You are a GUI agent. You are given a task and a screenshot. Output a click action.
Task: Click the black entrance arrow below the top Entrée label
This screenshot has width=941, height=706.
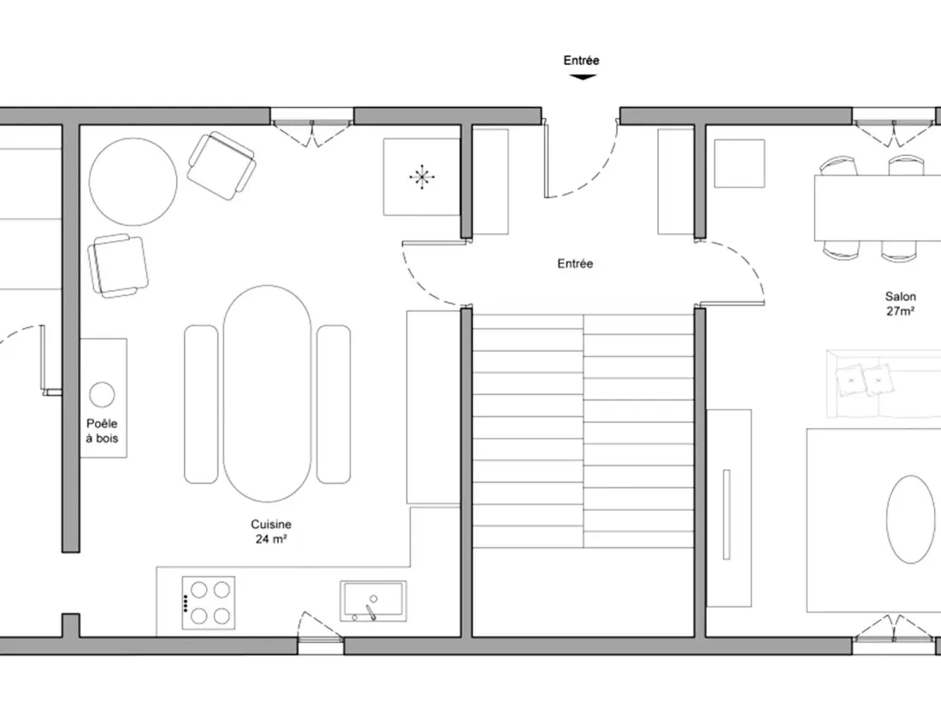coord(582,77)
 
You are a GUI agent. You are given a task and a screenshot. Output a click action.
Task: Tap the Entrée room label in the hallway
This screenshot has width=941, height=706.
coord(575,264)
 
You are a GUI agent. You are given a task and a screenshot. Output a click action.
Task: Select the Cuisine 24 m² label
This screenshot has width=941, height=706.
coord(271,531)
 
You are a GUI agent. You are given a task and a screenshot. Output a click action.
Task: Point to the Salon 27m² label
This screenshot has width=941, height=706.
coord(900,303)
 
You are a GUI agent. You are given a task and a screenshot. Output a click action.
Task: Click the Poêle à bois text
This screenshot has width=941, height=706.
coord(102,431)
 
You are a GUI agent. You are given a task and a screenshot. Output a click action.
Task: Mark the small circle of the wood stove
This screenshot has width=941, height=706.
coord(102,395)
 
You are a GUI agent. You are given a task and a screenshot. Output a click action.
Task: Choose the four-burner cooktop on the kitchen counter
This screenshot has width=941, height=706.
coord(208,602)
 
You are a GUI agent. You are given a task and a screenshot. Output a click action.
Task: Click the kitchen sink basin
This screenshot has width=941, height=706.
coord(373,601)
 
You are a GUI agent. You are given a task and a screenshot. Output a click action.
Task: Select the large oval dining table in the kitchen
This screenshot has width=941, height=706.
coord(268,394)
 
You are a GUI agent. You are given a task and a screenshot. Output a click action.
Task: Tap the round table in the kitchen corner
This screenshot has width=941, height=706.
coord(133,181)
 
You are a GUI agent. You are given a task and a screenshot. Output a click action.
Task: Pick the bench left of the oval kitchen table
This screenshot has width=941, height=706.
coord(201,404)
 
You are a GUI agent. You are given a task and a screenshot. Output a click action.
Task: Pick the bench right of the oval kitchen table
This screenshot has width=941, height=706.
coord(334,404)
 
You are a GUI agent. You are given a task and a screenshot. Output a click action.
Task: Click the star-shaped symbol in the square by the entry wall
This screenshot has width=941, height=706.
coord(422,177)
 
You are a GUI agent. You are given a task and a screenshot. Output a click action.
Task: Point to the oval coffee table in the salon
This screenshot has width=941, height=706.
coord(910,519)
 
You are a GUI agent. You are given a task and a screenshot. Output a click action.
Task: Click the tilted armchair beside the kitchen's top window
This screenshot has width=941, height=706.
coord(222,166)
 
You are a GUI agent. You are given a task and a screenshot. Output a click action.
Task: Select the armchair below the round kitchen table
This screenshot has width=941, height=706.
coord(118,266)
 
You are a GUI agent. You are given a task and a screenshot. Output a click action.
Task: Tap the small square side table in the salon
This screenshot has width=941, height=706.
coord(739,163)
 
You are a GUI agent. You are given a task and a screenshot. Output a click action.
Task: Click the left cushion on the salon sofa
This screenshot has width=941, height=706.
coord(849,381)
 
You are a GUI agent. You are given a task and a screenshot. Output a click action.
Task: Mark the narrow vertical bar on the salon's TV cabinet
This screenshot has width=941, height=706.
coord(727,514)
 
